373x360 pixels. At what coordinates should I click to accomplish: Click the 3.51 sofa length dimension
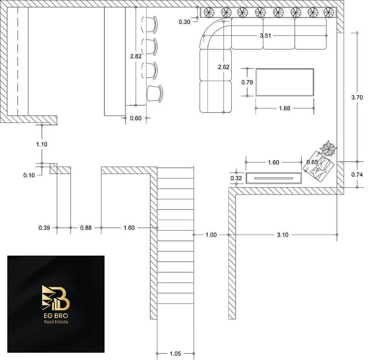(x=265, y=36)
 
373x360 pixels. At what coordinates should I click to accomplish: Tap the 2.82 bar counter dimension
(x=136, y=56)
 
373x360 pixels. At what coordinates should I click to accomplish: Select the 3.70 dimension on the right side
(x=357, y=97)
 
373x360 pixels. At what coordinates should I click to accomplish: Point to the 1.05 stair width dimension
(x=175, y=353)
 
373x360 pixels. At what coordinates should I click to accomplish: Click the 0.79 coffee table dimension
(x=247, y=82)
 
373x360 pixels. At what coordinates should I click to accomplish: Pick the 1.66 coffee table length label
(x=284, y=109)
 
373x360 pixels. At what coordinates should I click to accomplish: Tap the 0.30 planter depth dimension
(x=184, y=22)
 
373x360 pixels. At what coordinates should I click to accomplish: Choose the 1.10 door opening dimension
(x=41, y=144)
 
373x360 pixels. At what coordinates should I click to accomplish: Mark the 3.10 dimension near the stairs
(x=283, y=235)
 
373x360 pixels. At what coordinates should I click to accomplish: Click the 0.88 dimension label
(x=86, y=228)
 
